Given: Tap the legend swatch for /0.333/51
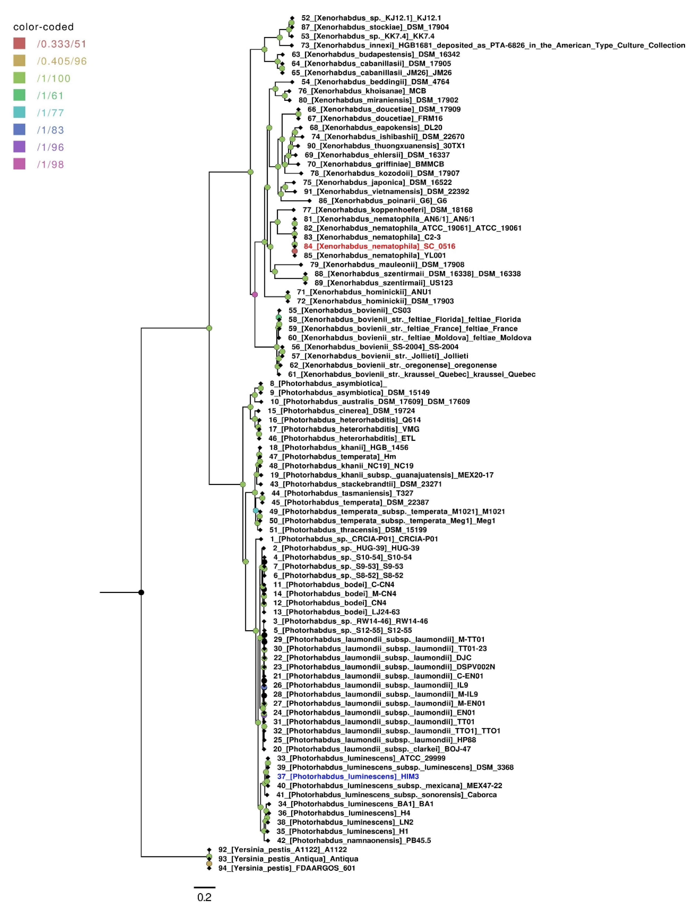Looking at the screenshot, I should click(x=19, y=43).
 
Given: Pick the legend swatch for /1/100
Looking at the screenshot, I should click(x=19, y=78).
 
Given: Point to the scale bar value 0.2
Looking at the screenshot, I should click(x=204, y=897).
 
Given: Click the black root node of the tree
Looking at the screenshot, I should click(x=141, y=592).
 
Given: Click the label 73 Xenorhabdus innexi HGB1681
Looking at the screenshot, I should click(x=492, y=45).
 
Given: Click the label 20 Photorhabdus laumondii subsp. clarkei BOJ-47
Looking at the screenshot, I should click(x=372, y=749).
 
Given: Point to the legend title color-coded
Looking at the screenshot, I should click(x=43, y=27).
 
